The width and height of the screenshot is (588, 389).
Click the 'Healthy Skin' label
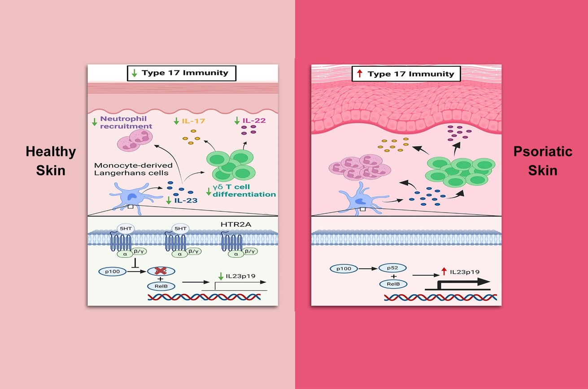point(50,160)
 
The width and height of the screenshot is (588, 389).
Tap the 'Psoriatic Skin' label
point(543,160)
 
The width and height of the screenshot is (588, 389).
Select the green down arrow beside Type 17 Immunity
point(134,73)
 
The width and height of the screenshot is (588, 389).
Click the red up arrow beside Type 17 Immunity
point(359,74)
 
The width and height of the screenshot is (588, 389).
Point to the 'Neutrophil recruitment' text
point(126,122)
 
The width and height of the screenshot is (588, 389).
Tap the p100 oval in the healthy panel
point(112,271)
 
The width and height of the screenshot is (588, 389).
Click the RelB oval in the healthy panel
point(161,286)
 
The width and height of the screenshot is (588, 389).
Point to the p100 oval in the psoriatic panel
point(344,268)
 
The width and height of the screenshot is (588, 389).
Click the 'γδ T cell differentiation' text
point(244,190)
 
